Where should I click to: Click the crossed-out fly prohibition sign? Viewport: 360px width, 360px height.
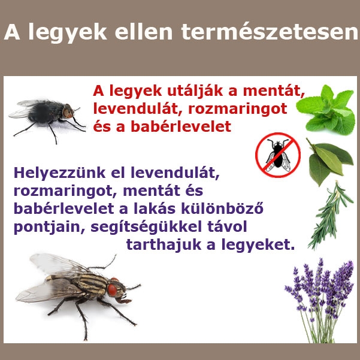coord(277,155)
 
